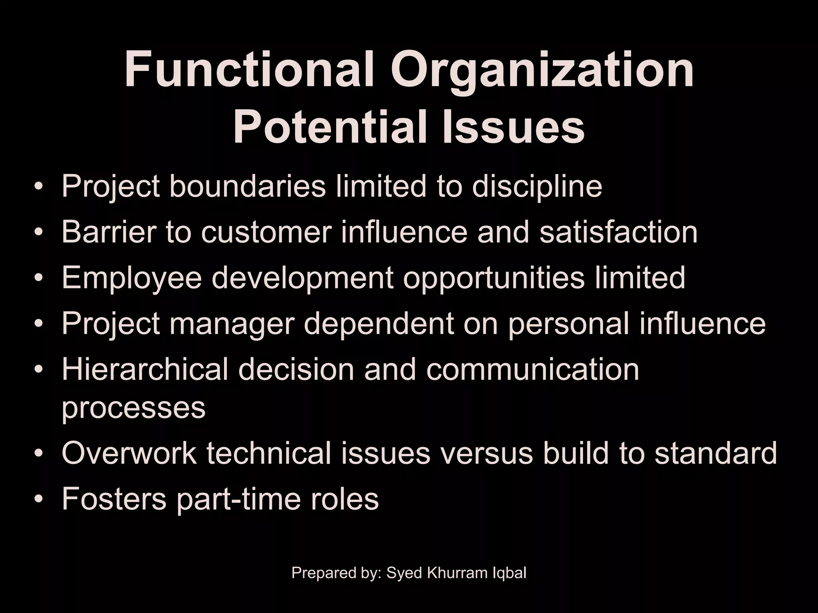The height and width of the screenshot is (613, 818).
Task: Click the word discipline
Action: (x=537, y=187)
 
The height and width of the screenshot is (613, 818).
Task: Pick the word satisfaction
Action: (x=618, y=232)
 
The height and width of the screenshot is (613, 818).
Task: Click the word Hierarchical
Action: (x=145, y=370)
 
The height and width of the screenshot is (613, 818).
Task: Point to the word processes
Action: (x=133, y=408)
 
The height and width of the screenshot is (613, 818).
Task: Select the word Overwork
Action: (x=129, y=453)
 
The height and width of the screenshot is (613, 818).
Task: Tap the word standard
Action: (x=715, y=453)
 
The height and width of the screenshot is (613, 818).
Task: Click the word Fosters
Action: (x=114, y=499)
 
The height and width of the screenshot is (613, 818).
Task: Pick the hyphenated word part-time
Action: (x=238, y=500)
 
